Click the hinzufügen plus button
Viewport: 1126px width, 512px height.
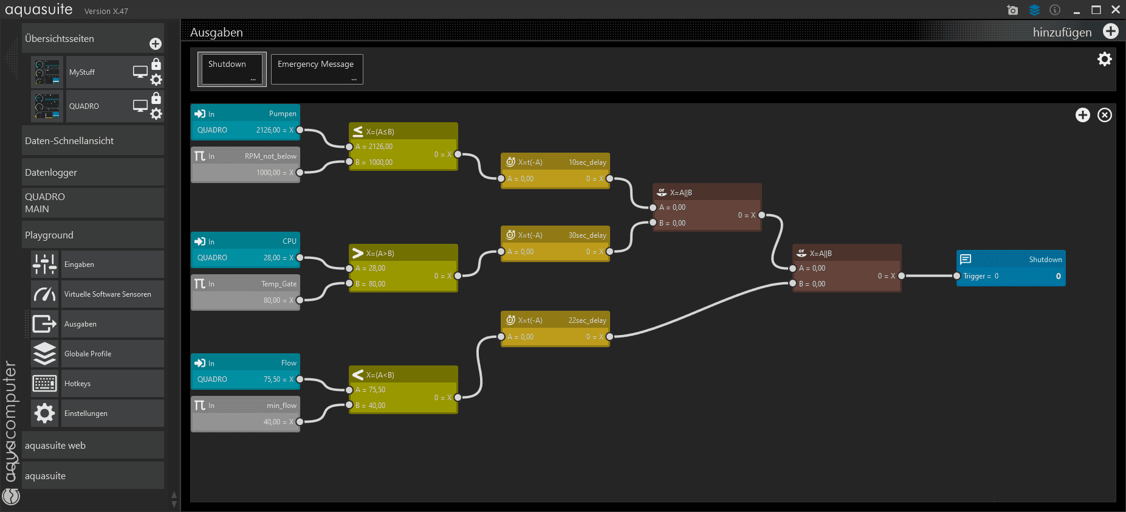pos(1110,32)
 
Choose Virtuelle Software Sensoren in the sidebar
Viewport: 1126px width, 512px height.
pos(108,294)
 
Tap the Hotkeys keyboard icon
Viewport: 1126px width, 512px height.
pos(45,384)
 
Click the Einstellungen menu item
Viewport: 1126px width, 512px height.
pos(86,413)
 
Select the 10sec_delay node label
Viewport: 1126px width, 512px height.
pos(587,162)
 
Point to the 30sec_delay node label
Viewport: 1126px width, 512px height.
pos(587,235)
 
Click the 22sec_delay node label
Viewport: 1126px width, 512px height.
pos(587,320)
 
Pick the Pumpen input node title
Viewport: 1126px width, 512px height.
pos(283,114)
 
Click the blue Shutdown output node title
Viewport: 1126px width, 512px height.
pos(1045,260)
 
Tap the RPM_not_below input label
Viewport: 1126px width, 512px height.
pos(270,156)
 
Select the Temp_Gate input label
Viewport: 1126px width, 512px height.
pos(279,284)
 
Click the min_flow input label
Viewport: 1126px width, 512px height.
pos(281,406)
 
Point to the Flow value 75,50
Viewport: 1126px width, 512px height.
pos(272,379)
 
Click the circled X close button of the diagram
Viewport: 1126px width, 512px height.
pos(1105,115)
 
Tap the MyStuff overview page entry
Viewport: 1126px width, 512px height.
pos(82,72)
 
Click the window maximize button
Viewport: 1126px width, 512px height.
pos(1096,10)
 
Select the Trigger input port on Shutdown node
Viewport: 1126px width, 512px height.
pos(957,276)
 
